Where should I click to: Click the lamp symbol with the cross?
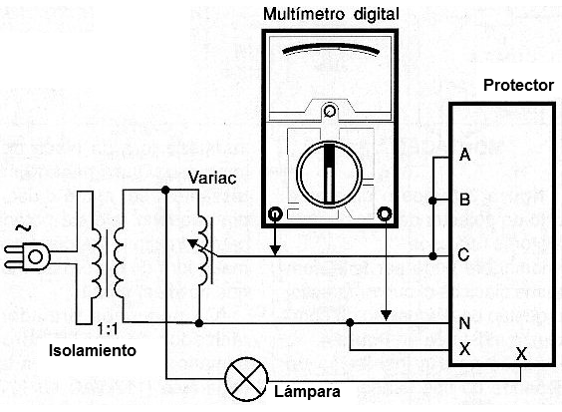[246, 379]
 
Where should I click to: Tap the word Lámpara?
[307, 392]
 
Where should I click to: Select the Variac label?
[212, 178]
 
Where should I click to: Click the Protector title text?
[518, 86]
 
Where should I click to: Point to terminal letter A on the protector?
[464, 155]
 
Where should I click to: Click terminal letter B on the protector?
[464, 200]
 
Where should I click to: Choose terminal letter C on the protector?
[463, 254]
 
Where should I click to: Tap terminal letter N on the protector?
[464, 323]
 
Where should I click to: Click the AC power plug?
[27, 256]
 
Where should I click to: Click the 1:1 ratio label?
[109, 330]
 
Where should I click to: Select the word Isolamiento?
[93, 350]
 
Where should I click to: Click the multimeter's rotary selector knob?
[329, 175]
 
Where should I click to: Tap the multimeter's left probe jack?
[275, 214]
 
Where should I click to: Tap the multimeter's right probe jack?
[385, 214]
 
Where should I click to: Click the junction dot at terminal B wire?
[432, 201]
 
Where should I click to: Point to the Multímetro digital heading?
[331, 14]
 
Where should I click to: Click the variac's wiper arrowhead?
[192, 243]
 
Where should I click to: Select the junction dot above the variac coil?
[165, 190]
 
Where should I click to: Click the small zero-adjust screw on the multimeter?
[329, 111]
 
